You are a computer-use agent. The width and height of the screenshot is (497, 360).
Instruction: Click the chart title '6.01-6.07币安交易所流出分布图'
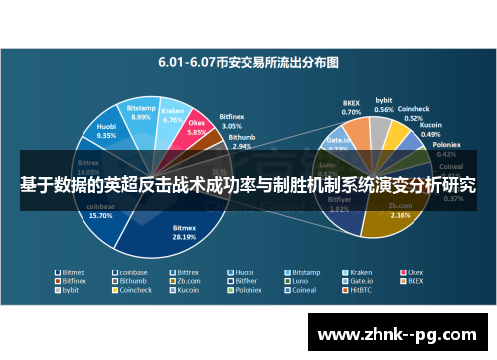[x=248, y=61]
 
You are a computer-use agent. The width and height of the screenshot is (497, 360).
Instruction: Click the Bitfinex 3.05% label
[x=231, y=122]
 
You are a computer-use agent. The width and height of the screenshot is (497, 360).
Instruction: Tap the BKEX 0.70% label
[x=351, y=107]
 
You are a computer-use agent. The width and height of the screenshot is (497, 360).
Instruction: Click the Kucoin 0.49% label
[x=431, y=130]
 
